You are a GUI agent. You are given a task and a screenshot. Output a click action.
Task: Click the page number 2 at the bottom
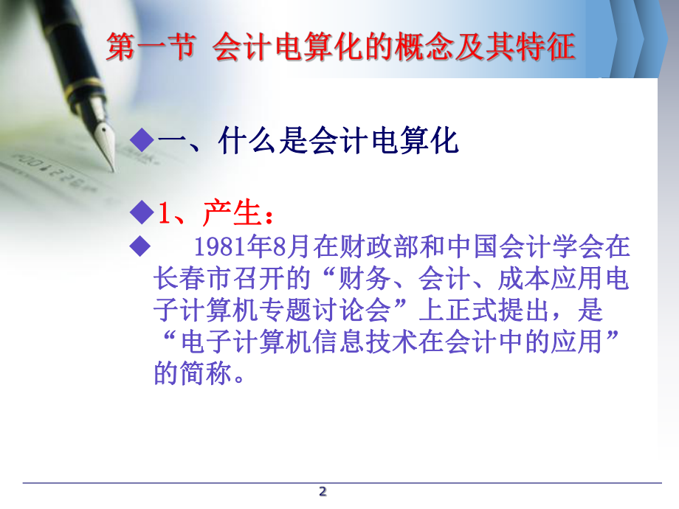(x=322, y=492)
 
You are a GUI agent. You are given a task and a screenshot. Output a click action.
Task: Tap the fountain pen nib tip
(x=112, y=169)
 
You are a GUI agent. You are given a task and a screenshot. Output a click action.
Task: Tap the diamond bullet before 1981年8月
(x=139, y=248)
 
